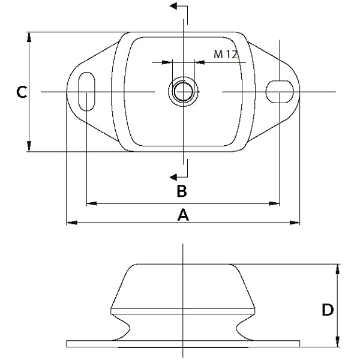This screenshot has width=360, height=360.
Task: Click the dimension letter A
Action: pyautogui.click(x=183, y=215)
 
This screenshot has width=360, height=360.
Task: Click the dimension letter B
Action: pyautogui.click(x=181, y=191)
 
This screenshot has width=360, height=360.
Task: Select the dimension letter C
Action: pyautogui.click(x=21, y=92)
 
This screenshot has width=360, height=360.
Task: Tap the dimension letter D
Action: pyautogui.click(x=328, y=310)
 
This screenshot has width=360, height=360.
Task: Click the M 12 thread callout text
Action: pyautogui.click(x=226, y=55)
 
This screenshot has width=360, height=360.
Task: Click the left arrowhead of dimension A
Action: pyautogui.click(x=70, y=223)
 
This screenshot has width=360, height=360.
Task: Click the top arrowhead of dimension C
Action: pyautogui.click(x=29, y=36)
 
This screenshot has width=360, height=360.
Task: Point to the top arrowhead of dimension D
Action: pyautogui.click(x=338, y=268)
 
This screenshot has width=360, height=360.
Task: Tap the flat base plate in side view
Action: pyautogui.click(x=183, y=344)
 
